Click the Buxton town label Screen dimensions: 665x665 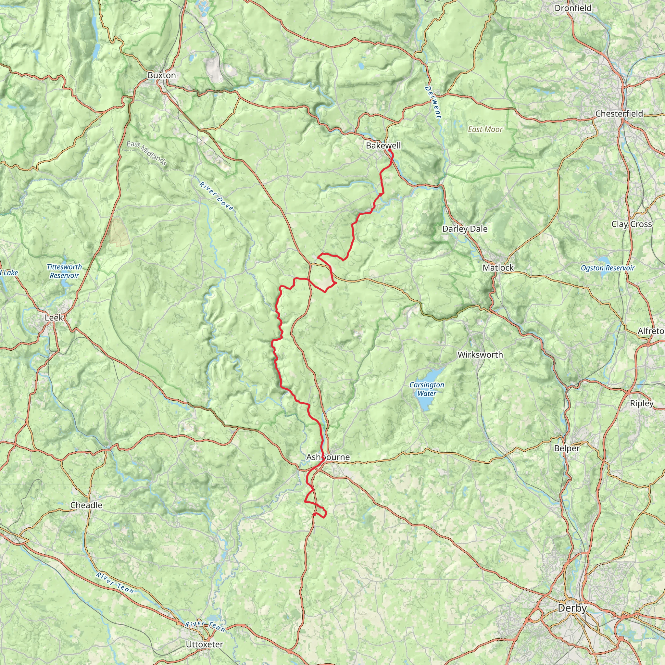click(x=161, y=75)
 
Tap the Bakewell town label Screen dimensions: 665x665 click(x=383, y=145)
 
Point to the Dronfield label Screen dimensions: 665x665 click(x=573, y=8)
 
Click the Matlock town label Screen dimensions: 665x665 click(x=498, y=268)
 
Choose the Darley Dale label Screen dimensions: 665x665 click(x=465, y=229)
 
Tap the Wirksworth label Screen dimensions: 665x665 click(x=480, y=355)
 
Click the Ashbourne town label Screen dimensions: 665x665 click(x=328, y=457)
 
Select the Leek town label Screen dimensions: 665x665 click(x=54, y=317)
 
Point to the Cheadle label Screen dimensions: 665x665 click(x=86, y=505)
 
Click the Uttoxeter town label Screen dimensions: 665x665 click(x=204, y=644)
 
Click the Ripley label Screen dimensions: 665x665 click(x=642, y=403)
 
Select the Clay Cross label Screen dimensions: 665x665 click(x=632, y=224)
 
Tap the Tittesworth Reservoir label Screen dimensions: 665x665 click(x=64, y=271)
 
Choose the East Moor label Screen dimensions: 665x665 click(x=485, y=130)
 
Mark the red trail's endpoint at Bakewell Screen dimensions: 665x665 click(x=389, y=150)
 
